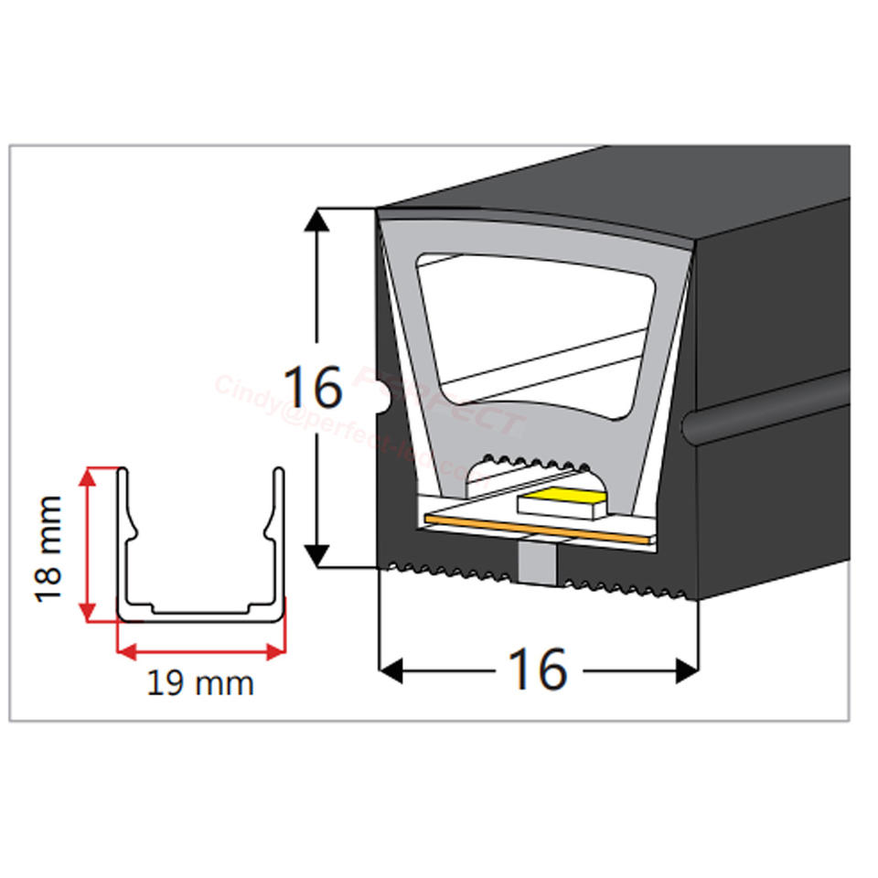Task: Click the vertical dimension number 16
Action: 313,388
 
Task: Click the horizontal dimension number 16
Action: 538,670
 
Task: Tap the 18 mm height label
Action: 48,549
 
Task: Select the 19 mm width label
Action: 200,683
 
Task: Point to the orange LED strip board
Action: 540,530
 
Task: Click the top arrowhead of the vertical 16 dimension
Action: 316,219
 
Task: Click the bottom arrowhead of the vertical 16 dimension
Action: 316,555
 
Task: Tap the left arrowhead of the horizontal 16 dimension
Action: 391,670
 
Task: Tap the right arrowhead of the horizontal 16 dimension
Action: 688,670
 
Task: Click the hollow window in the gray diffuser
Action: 535,329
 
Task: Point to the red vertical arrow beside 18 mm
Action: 88,544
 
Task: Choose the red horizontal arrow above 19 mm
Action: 200,651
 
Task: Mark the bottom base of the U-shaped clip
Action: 200,614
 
